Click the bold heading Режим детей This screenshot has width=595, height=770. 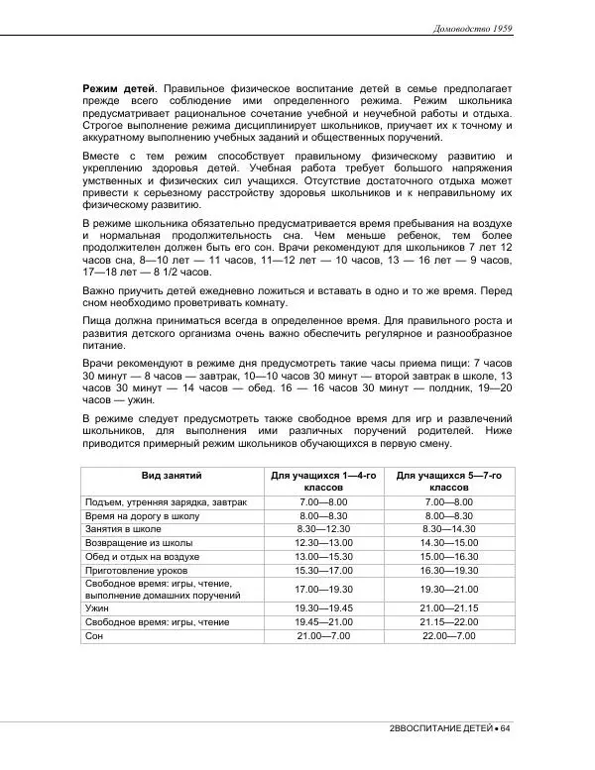coord(118,89)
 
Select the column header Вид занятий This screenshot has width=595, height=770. coord(171,476)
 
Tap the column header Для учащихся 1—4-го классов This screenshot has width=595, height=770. coord(323,482)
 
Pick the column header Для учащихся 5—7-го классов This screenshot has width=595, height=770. coord(449,482)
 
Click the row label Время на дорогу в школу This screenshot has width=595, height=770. coord(144,516)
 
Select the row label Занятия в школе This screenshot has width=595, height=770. coord(126,530)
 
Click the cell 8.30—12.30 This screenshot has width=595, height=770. coord(323,530)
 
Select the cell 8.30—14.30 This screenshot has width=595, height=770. coord(449,530)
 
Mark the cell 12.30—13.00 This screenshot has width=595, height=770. coord(323,544)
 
